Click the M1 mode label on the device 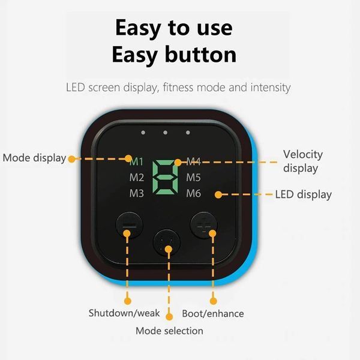coord(136,162)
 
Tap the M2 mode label coord(137,178)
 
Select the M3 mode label coord(137,193)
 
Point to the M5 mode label coord(193,178)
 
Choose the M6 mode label coord(193,193)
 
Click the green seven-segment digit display coord(166,178)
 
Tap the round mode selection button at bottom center coord(167,242)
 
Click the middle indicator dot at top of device coord(166,133)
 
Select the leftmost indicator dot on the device coord(143,133)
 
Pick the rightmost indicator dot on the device coord(188,133)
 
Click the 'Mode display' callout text coord(34,158)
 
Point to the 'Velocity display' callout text coord(303,161)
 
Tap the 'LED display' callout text coord(303,194)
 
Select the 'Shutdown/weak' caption coord(124,313)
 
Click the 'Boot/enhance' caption coord(213,314)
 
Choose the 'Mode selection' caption coord(169,331)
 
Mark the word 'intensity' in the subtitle coord(271,88)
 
